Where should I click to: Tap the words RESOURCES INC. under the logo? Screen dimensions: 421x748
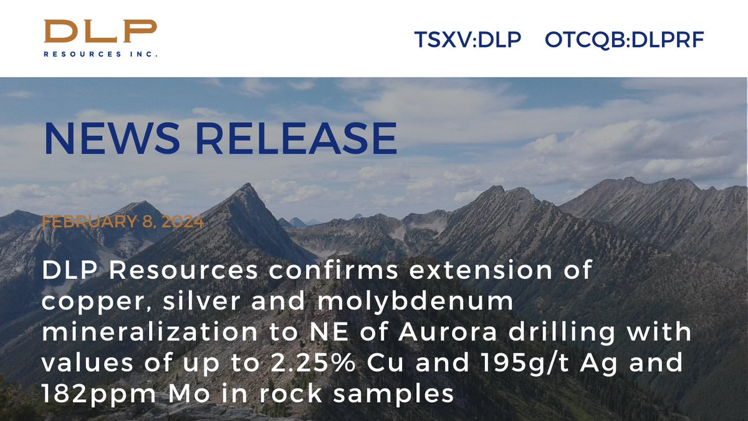pyautogui.click(x=100, y=54)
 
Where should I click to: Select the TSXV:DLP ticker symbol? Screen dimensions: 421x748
pyautogui.click(x=467, y=40)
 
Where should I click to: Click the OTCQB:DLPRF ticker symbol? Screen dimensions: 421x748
pyautogui.click(x=624, y=40)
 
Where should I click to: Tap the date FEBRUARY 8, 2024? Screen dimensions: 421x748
pyautogui.click(x=122, y=222)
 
